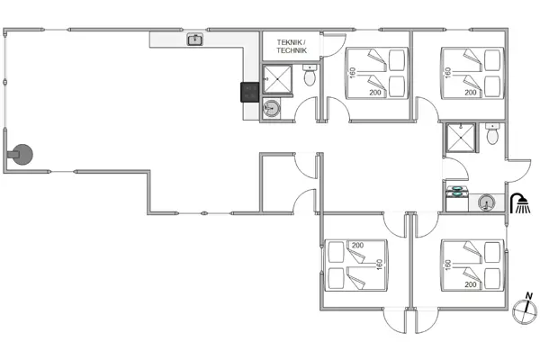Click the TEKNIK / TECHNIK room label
[292, 47]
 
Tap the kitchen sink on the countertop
[195, 40]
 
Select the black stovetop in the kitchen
[249, 93]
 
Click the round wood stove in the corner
[22, 154]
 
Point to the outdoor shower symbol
[520, 203]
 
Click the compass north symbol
[526, 309]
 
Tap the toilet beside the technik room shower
[310, 75]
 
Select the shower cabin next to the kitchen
[277, 79]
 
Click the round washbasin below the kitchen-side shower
[272, 109]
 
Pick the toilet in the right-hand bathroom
[492, 134]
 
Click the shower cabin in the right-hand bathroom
[461, 138]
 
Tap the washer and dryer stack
[457, 198]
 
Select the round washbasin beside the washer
[486, 202]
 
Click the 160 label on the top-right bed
[447, 73]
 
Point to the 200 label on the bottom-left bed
[357, 246]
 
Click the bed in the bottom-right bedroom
[472, 265]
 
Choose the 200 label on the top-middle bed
[375, 93]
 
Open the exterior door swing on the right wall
[518, 171]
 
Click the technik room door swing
[333, 45]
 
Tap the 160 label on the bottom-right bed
[447, 265]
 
